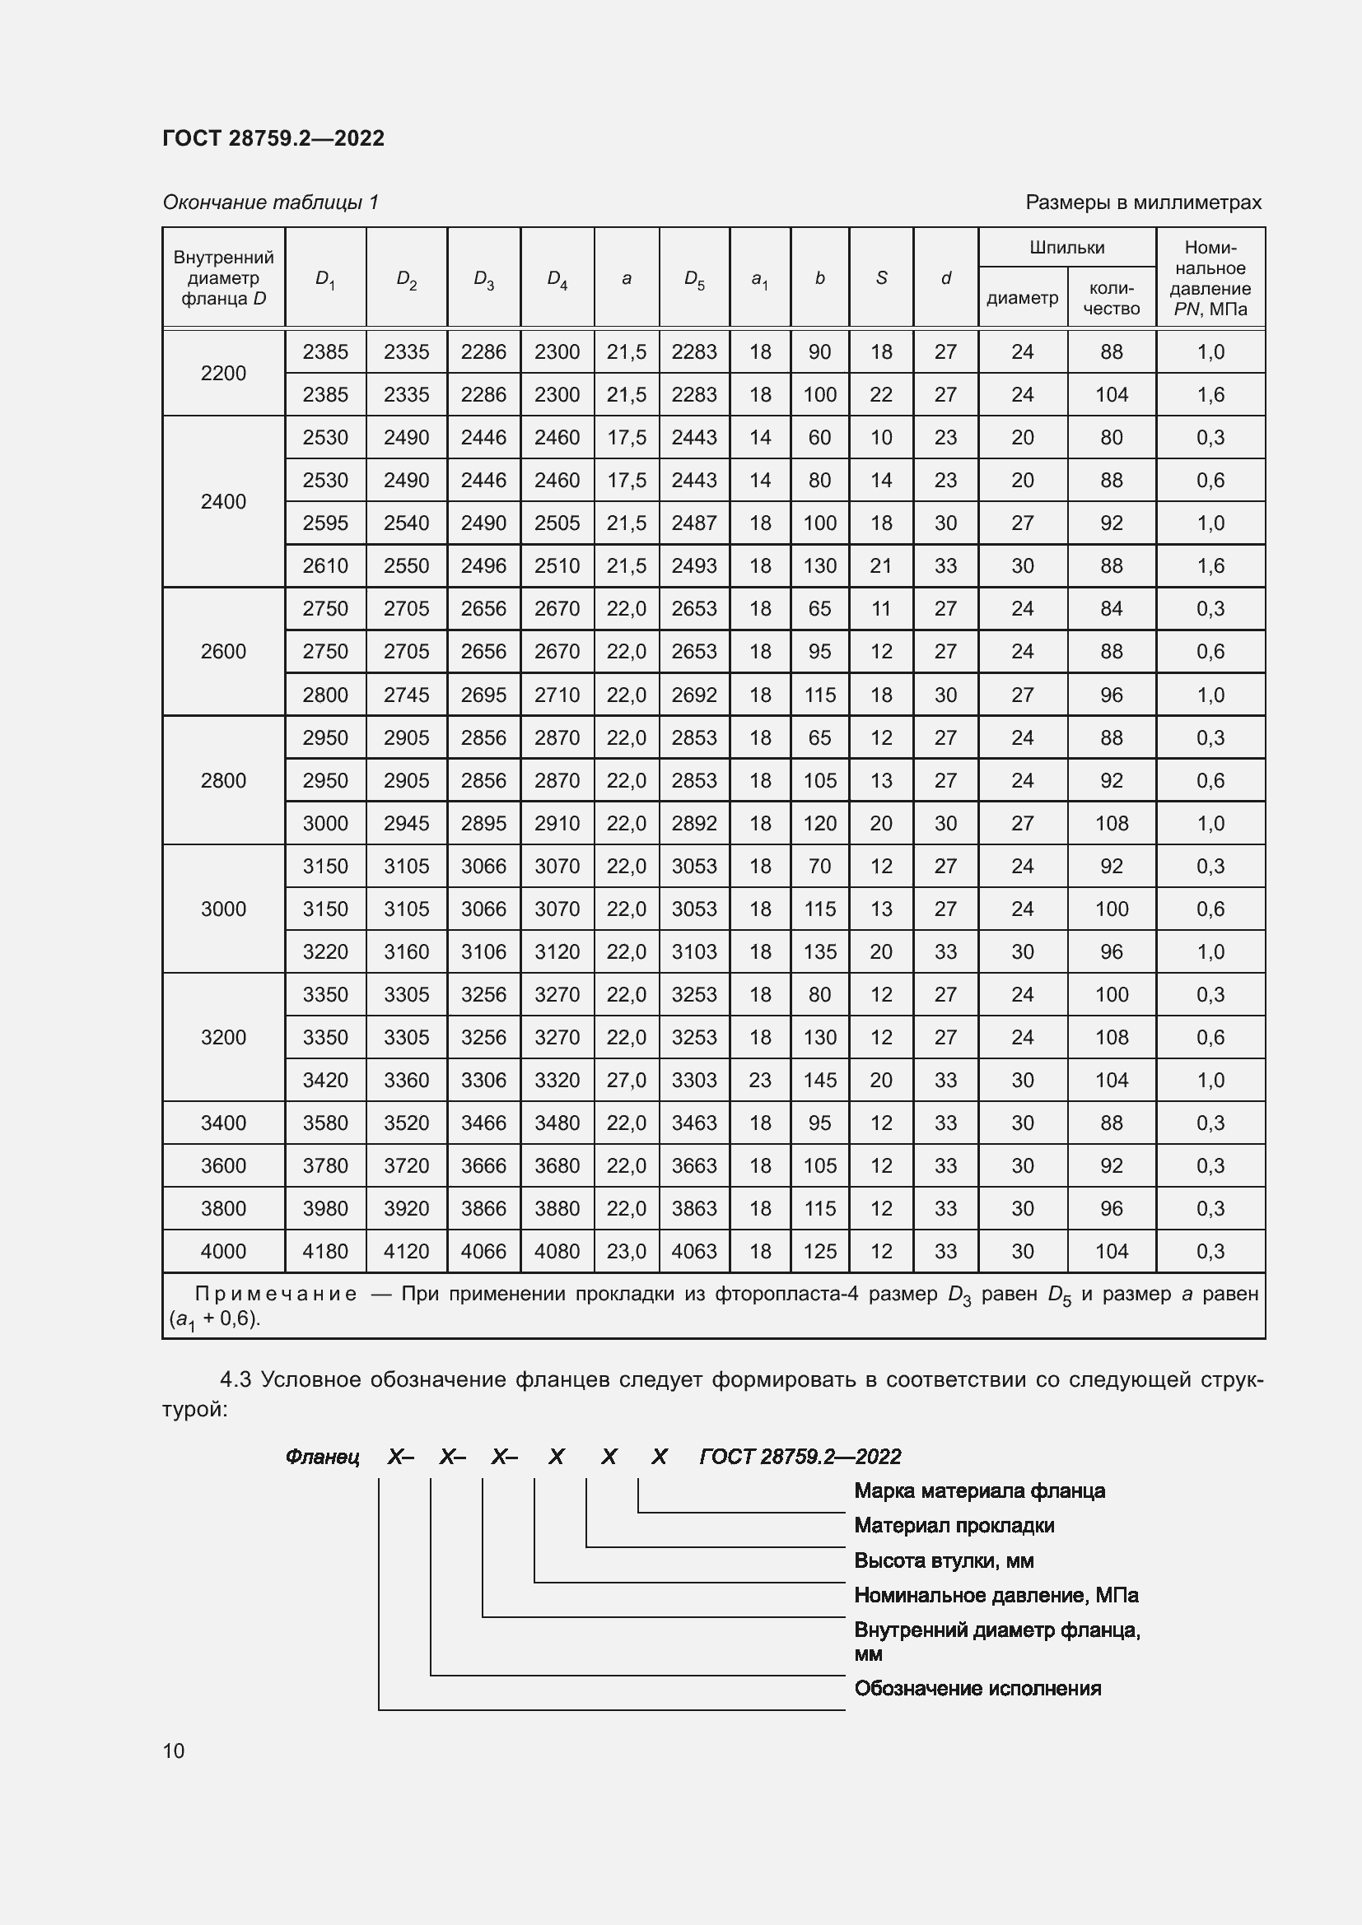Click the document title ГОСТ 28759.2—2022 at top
tap(273, 138)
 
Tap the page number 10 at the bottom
tap(174, 1751)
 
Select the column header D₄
tap(557, 278)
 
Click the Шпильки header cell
tap(1066, 248)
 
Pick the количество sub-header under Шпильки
tap(1111, 298)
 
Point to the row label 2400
tap(223, 501)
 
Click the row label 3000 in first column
tap(223, 909)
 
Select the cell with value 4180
tap(325, 1252)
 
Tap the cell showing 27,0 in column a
tap(627, 1080)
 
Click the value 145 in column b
tap(819, 1080)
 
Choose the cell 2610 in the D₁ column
tap(325, 566)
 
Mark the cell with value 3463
tap(694, 1123)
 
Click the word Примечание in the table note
tap(276, 1294)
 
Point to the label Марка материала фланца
tap(979, 1490)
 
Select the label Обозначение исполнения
tap(977, 1688)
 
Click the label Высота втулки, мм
tap(944, 1560)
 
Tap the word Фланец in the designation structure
tap(323, 1457)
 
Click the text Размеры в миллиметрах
tap(1143, 202)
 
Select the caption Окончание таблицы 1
tap(270, 202)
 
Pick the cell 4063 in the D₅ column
tap(694, 1252)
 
